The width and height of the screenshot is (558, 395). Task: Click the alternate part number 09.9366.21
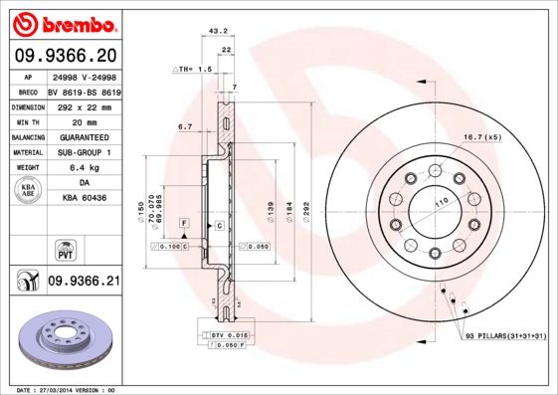(x=84, y=283)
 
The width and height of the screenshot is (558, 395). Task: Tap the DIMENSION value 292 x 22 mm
(x=84, y=106)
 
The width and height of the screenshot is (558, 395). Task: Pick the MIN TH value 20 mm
(x=84, y=121)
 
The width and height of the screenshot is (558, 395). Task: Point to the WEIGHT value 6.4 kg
(x=84, y=168)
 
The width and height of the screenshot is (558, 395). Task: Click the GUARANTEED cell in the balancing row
(x=84, y=137)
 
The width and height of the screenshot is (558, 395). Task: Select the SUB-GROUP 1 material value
(x=84, y=152)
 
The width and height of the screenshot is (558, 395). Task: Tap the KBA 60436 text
(x=84, y=198)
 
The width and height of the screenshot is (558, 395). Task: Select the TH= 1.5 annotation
(x=193, y=70)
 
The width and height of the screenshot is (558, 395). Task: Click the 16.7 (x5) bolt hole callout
(x=481, y=136)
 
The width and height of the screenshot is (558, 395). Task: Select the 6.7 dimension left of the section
(x=184, y=127)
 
